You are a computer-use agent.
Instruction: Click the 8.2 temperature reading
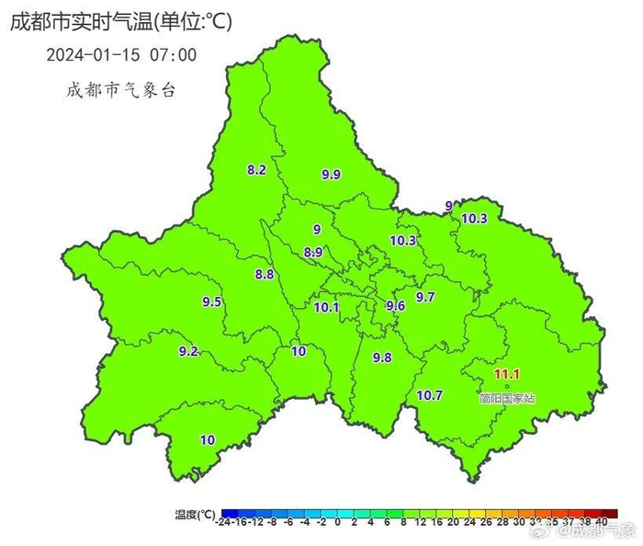tap(256, 170)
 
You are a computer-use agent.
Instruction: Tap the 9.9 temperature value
tap(331, 175)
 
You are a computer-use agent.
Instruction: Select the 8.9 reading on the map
tap(312, 252)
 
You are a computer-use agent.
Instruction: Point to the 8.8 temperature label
tap(265, 274)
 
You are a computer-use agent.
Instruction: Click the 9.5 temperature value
tap(212, 301)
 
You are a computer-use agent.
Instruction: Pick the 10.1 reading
tap(327, 307)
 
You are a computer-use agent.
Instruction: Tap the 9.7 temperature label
tap(425, 297)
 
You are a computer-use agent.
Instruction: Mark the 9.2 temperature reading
tap(188, 351)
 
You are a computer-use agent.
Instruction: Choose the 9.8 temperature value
tap(382, 358)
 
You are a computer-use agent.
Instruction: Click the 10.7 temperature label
tap(430, 395)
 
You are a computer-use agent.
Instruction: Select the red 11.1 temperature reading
tap(507, 374)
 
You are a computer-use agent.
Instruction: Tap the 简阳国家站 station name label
tap(507, 398)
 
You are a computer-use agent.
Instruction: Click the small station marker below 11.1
tap(507, 386)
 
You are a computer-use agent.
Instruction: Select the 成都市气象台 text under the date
tap(120, 90)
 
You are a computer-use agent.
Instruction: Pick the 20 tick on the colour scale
tap(440, 523)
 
